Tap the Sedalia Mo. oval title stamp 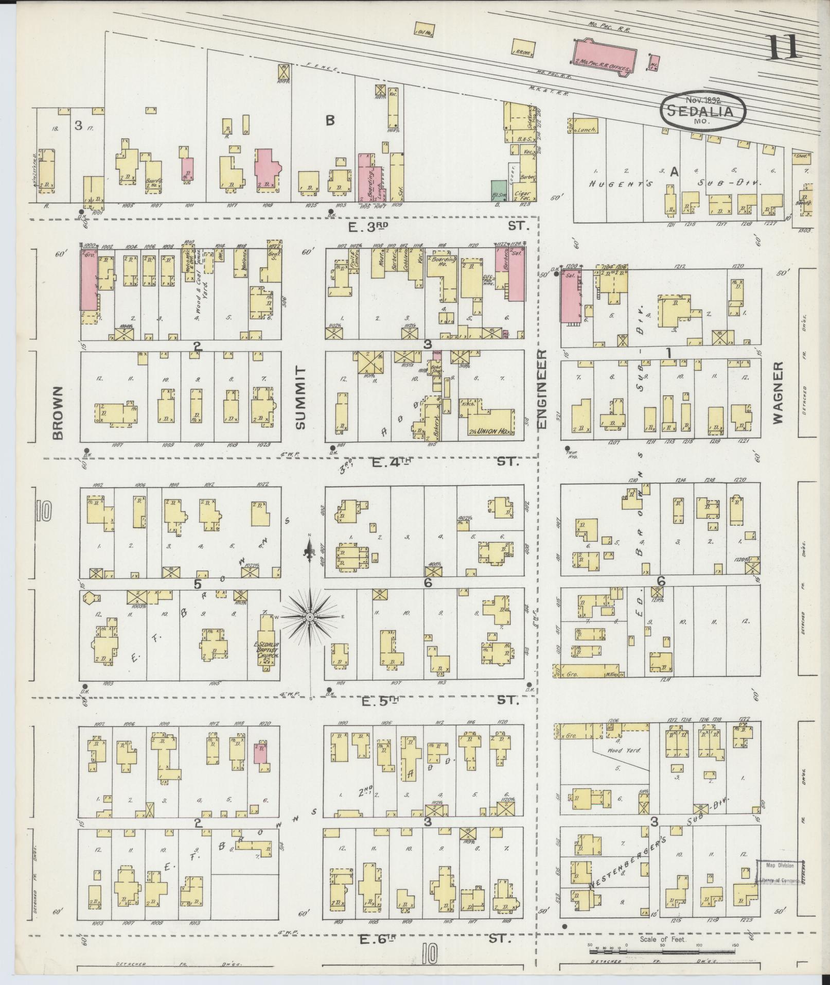click(703, 110)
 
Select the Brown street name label click(58, 413)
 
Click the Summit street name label click(301, 398)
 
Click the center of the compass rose click(310, 617)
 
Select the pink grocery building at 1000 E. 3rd click(89, 280)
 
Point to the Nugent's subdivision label click(615, 183)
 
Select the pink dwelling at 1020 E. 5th click(260, 753)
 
